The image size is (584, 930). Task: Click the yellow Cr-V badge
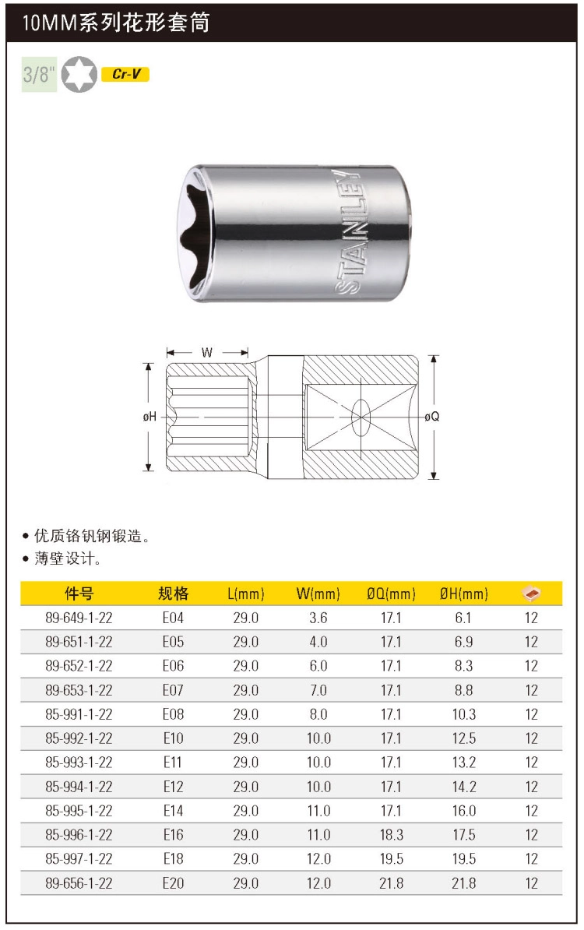click(125, 74)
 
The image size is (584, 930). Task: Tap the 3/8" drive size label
click(39, 74)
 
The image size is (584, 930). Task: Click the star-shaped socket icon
click(79, 74)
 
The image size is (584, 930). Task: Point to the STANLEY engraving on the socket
click(349, 231)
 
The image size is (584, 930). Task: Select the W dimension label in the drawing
click(207, 352)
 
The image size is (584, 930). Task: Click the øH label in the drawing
click(150, 417)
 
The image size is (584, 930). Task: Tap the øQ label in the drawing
click(432, 417)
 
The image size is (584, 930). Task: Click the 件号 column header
click(79, 593)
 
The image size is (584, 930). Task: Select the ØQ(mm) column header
click(391, 593)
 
